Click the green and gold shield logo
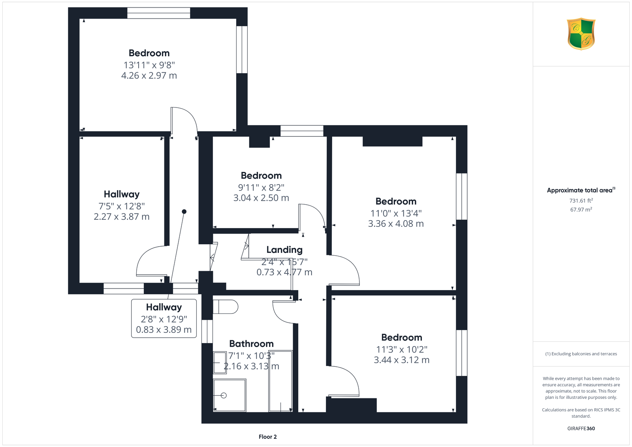point(581,34)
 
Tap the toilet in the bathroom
point(226,307)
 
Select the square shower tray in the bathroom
point(229,395)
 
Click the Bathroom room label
point(251,344)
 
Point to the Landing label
point(284,250)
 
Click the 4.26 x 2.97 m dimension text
point(149,75)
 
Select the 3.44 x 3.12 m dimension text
point(401,360)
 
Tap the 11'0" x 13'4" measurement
point(396,213)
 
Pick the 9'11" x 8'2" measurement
point(261,187)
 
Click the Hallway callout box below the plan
point(164,318)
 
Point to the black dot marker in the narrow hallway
point(184,211)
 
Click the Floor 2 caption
point(268,437)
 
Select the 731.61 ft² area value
point(581,201)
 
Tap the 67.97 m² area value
point(581,209)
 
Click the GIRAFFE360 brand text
point(581,428)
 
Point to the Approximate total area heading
point(581,190)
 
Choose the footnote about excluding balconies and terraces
point(581,354)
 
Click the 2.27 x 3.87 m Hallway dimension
point(121,217)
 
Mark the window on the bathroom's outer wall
point(207,331)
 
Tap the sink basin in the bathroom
point(220,362)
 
